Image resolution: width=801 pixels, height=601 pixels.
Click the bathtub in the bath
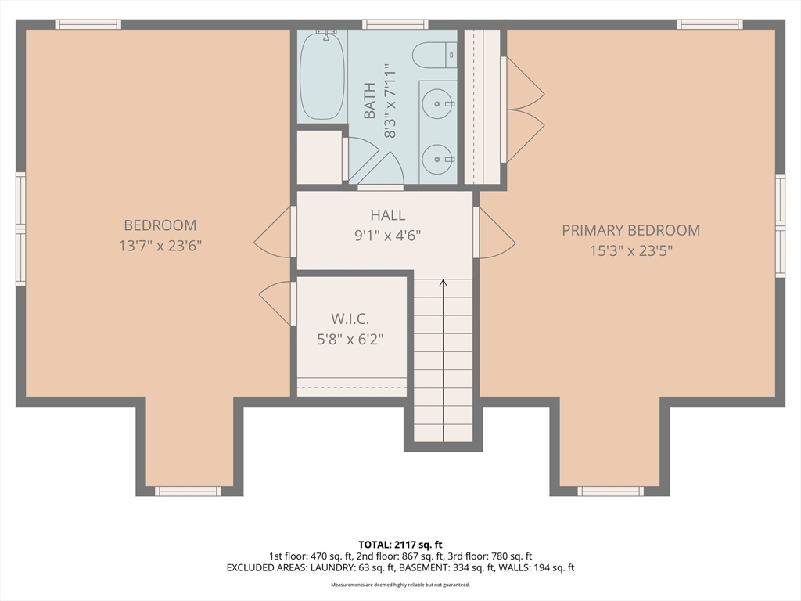click(x=321, y=76)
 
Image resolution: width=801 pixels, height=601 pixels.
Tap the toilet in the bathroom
click(x=434, y=56)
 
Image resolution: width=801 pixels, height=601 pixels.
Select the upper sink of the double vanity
click(x=438, y=104)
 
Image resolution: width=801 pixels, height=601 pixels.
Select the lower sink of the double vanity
click(x=438, y=159)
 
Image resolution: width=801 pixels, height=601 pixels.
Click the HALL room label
click(x=388, y=215)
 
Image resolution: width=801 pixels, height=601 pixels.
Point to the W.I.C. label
click(x=350, y=319)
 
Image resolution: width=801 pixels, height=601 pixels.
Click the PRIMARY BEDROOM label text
click(x=631, y=231)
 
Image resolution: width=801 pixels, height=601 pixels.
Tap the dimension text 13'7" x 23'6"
click(x=160, y=246)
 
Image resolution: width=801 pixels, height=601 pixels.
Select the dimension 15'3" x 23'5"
click(x=631, y=251)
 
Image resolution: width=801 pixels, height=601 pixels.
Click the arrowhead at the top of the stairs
click(x=443, y=283)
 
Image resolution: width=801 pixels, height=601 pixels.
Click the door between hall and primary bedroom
click(x=494, y=232)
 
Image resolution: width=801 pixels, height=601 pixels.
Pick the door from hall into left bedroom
click(x=275, y=232)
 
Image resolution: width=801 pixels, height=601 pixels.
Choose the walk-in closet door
click(x=278, y=304)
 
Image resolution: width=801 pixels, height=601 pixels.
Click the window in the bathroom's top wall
click(x=395, y=24)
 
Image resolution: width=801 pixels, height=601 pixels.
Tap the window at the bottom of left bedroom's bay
click(x=188, y=491)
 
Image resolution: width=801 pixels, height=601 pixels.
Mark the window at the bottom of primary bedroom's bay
click(x=611, y=491)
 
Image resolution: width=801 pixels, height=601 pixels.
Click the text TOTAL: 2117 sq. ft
click(x=400, y=545)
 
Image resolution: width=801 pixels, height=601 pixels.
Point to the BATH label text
click(x=369, y=101)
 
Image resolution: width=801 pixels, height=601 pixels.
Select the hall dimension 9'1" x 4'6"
click(x=388, y=236)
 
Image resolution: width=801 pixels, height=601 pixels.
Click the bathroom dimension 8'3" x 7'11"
click(x=390, y=101)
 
